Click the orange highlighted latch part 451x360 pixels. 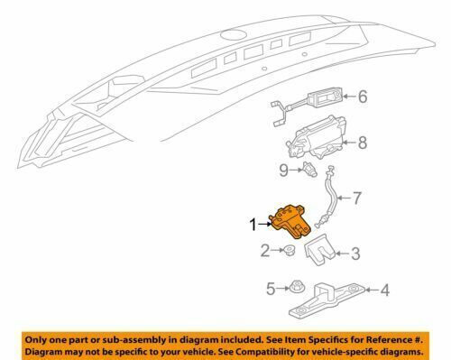click(x=290, y=222)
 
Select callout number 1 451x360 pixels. click(x=253, y=225)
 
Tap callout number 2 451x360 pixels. click(x=265, y=251)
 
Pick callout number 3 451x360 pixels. click(x=355, y=254)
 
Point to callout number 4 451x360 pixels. click(x=385, y=291)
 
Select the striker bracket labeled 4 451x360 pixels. click(x=327, y=300)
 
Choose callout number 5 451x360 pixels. click(x=271, y=289)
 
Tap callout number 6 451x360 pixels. click(x=363, y=97)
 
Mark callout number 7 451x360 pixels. click(x=356, y=198)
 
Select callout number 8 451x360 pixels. click(x=363, y=143)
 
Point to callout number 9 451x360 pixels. click(x=283, y=171)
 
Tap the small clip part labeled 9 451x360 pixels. click(x=310, y=170)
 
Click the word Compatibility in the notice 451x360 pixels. click(x=290, y=351)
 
